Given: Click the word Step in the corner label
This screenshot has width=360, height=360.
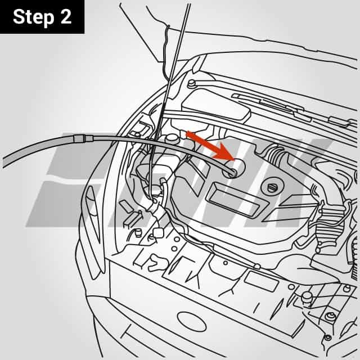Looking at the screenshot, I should click(33, 17).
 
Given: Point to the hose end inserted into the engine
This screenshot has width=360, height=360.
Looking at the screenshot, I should click(230, 169).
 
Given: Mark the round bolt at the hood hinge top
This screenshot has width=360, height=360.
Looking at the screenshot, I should click(191, 84).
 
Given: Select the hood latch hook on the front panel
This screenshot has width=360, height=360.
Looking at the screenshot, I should click(158, 232).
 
